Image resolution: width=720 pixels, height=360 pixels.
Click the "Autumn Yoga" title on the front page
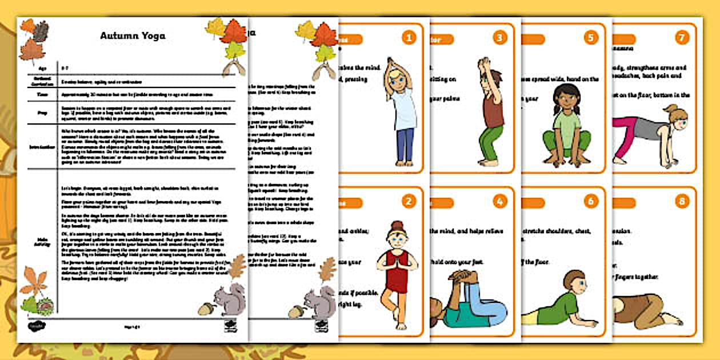coord(133,36)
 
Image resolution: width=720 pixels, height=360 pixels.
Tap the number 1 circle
coord(408,38)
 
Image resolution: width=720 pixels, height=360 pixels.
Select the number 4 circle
coord(500,201)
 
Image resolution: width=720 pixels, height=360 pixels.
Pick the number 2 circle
coord(408,201)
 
